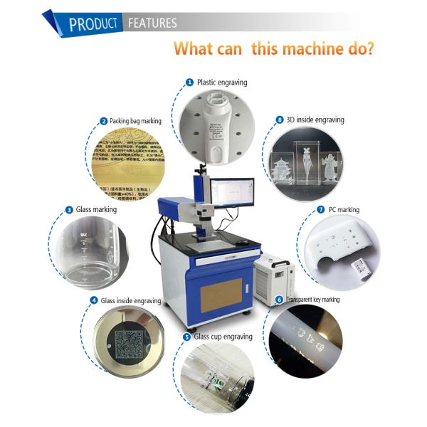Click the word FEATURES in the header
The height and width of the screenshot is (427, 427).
[x=152, y=23]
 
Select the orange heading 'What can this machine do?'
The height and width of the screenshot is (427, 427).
[x=275, y=49]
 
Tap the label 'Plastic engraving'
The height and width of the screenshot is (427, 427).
[x=221, y=83]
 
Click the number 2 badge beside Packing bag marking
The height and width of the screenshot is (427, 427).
[x=104, y=121]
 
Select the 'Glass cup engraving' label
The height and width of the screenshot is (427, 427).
[x=223, y=335]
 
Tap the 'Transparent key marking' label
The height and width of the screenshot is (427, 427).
[x=312, y=300]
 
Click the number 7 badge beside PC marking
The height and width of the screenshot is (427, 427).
[x=320, y=210]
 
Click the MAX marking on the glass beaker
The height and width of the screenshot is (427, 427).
[x=83, y=234]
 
